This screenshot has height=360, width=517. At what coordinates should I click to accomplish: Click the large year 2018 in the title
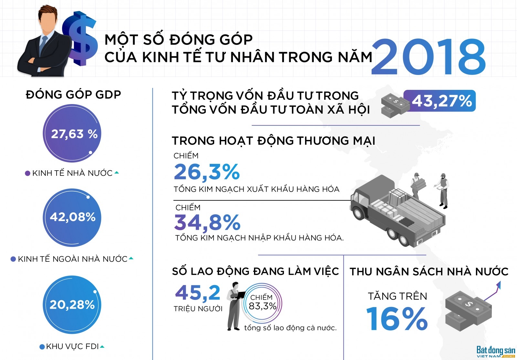[x=428, y=57]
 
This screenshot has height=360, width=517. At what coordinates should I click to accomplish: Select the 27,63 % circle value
[x=74, y=134]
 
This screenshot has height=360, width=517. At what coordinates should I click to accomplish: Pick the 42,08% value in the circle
[x=73, y=217]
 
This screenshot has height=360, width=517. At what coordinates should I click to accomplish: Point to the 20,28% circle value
[x=72, y=305]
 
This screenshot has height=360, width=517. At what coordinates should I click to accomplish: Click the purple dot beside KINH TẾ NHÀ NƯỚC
[x=27, y=173]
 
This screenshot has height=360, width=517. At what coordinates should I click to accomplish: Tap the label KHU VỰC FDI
[x=72, y=346]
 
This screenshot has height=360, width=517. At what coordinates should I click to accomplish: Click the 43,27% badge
[x=440, y=101]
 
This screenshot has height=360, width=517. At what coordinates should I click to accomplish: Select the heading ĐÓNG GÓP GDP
[x=73, y=95]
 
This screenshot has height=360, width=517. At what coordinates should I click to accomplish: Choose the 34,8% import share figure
[x=207, y=222]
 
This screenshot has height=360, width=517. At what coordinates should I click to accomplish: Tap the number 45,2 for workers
[x=197, y=292]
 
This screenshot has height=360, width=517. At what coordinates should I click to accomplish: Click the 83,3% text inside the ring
[x=263, y=306]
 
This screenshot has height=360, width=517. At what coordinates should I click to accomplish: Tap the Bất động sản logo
[x=496, y=352]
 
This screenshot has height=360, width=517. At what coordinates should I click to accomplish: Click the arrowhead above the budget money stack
[x=499, y=285]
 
